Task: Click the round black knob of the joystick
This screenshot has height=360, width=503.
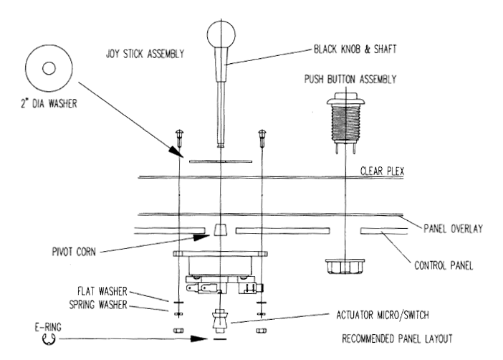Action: pos(221,34)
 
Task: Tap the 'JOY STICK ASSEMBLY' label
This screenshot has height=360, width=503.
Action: pos(145,53)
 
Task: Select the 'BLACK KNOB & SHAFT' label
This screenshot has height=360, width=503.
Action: pos(355,49)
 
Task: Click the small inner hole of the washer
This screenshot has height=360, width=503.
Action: pos(49,68)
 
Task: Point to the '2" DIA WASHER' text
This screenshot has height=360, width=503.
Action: pos(49,103)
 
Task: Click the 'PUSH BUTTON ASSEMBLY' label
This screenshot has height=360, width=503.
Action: pos(350,79)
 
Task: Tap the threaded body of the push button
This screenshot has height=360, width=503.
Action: pos(345,123)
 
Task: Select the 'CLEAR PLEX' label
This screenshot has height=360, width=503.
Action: pos(382,171)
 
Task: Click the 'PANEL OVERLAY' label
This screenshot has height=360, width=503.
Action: pos(453,228)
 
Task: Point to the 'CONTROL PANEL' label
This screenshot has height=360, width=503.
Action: pos(444,265)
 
